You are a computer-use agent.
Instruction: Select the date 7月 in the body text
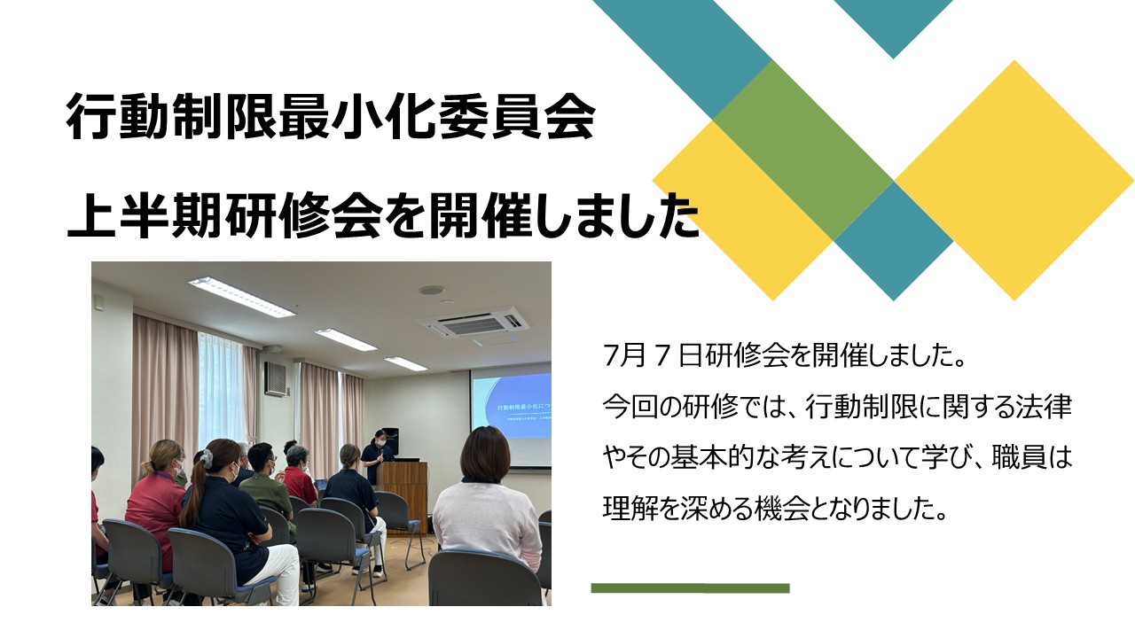pos(624,356)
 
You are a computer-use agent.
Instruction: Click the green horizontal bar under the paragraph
pos(690,587)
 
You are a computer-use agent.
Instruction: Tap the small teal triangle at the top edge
pos(893,26)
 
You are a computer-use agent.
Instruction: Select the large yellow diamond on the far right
pos(1014,180)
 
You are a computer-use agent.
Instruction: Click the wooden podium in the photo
pos(404,488)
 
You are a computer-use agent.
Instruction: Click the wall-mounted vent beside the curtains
pos(277,378)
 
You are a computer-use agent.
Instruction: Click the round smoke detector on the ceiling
pos(432,291)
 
